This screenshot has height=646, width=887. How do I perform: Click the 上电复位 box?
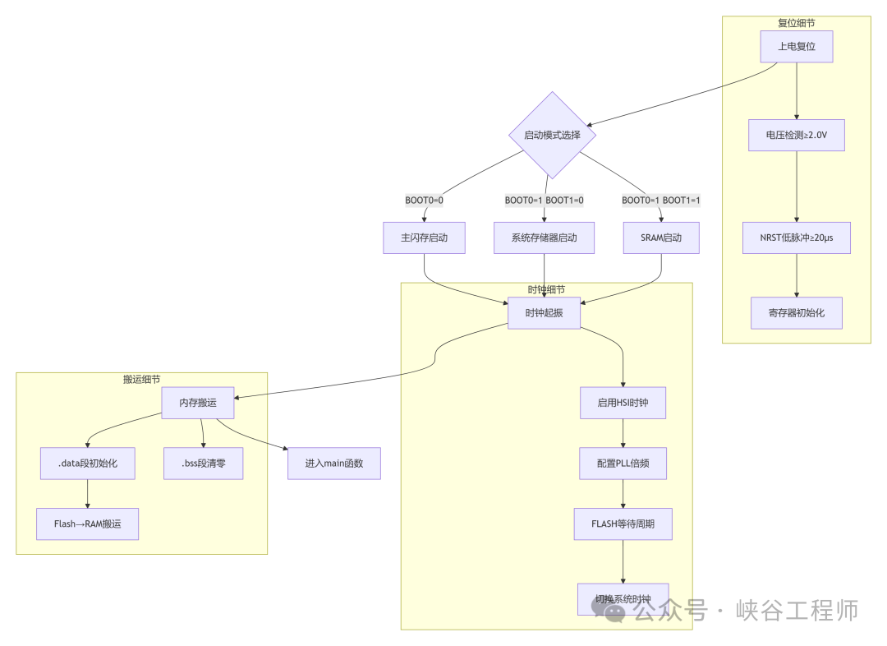pyautogui.click(x=796, y=47)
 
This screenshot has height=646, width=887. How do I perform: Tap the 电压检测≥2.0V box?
pyautogui.click(x=796, y=135)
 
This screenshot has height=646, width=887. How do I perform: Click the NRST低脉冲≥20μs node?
pyautogui.click(x=796, y=238)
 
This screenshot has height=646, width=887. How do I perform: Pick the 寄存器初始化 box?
pyautogui.click(x=796, y=313)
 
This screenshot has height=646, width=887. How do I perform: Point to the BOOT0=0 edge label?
pyautogui.click(x=425, y=201)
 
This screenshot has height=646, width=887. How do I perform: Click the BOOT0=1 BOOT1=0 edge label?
pyautogui.click(x=544, y=201)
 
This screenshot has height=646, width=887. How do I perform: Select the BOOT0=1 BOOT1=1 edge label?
pyautogui.click(x=661, y=201)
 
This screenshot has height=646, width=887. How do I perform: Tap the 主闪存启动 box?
pyautogui.click(x=425, y=238)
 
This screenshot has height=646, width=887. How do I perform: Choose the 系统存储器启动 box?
pyautogui.click(x=544, y=238)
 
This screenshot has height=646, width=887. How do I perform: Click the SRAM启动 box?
pyautogui.click(x=661, y=238)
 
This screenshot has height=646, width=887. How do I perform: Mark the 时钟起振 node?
pyautogui.click(x=544, y=313)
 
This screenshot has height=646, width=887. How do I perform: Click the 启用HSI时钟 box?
pyautogui.click(x=623, y=403)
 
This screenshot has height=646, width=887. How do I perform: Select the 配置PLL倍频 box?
pyautogui.click(x=623, y=464)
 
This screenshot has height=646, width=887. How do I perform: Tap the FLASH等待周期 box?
pyautogui.click(x=623, y=524)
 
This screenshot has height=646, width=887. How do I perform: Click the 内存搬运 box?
pyautogui.click(x=198, y=403)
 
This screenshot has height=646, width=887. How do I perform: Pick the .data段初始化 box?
pyautogui.click(x=88, y=464)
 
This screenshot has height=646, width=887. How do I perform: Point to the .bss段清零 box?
pyautogui.click(x=203, y=464)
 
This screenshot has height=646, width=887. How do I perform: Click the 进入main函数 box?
pyautogui.click(x=333, y=464)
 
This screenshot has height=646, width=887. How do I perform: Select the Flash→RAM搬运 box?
pyautogui.click(x=88, y=524)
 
